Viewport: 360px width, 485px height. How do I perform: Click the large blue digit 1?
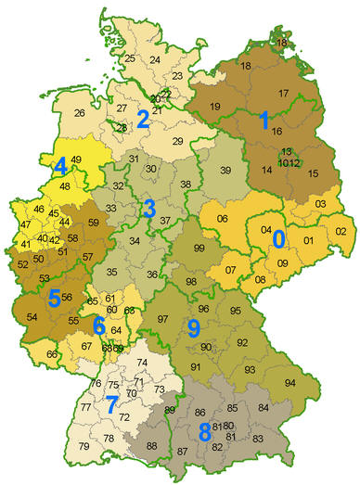coord(264,120)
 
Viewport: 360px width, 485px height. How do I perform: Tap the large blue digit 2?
coord(143,118)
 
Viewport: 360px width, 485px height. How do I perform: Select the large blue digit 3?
coord(148,209)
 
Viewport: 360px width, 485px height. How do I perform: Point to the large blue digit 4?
coord(59,167)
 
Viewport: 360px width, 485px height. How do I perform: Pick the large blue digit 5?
coord(54,299)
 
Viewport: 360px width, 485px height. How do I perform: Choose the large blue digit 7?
coord(111,405)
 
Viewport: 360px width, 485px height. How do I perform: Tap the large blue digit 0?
coord(277,238)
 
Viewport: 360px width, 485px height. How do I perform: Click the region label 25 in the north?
coord(130,58)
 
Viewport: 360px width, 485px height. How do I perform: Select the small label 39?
coord(225,170)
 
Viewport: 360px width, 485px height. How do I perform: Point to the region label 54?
coord(34,317)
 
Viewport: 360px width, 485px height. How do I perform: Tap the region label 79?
coord(84,447)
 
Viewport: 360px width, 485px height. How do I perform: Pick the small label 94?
coord(289,382)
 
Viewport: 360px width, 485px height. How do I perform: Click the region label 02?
coord(341,231)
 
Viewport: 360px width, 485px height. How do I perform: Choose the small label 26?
coord(80,114)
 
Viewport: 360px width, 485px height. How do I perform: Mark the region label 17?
coord(283,93)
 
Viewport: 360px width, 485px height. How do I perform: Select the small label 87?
coord(183,451)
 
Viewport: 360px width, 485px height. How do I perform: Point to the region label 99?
coord(198,249)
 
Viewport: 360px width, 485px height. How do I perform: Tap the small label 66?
coord(52,354)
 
